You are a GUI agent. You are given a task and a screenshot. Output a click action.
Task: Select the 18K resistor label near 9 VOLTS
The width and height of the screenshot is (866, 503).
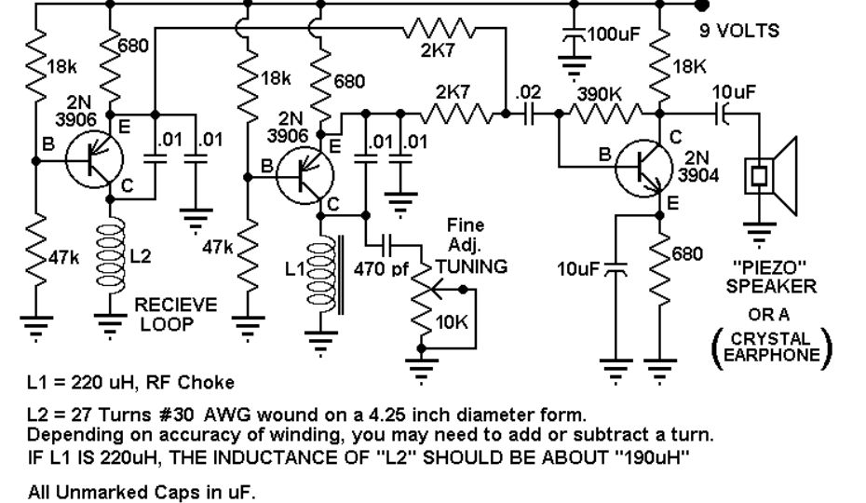[689, 67]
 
